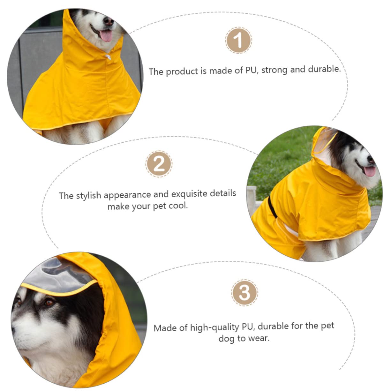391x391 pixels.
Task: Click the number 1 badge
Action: [x=238, y=41]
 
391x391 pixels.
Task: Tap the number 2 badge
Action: [x=159, y=164]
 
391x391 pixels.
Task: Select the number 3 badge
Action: [x=244, y=292]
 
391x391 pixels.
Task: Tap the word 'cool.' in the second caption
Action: [x=178, y=206]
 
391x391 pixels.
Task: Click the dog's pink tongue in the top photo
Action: [x=106, y=36]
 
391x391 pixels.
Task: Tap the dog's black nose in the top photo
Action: [x=109, y=21]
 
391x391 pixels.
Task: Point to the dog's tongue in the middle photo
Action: [x=370, y=171]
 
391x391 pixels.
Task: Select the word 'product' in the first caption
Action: [x=182, y=71]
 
